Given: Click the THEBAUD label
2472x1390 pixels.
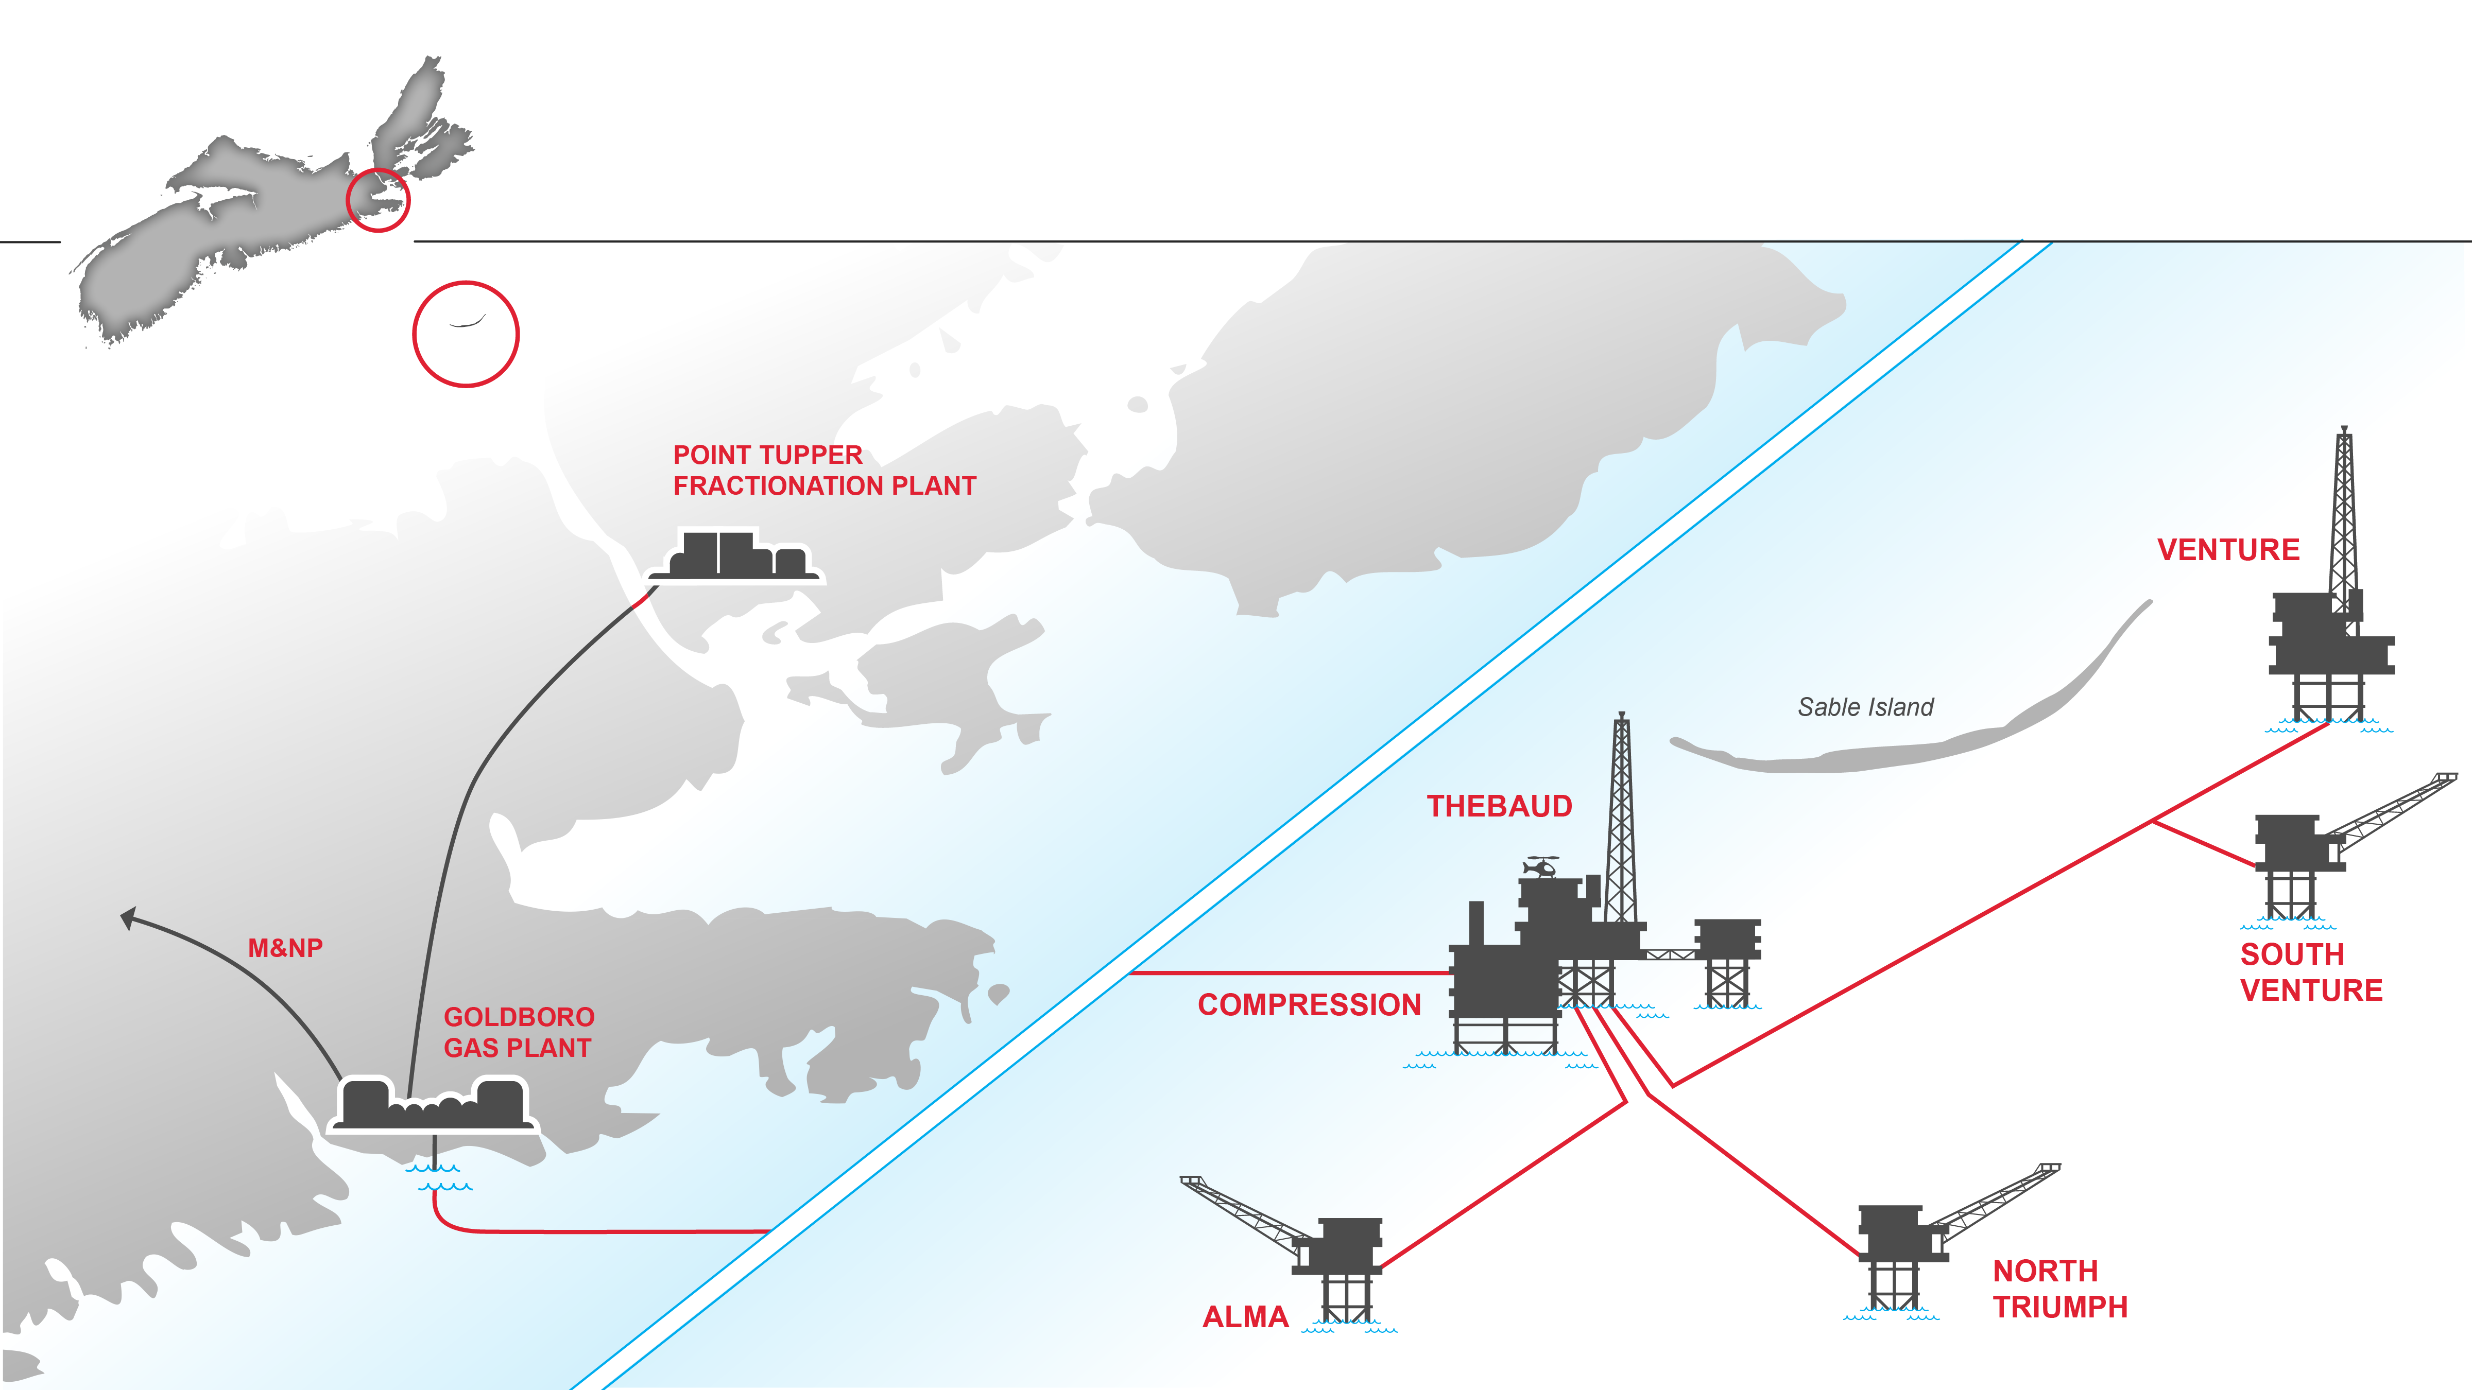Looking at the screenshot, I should pos(1499,806).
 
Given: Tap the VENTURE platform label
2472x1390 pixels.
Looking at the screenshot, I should pos(2228,550).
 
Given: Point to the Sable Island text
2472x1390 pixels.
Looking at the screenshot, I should pos(1864,707).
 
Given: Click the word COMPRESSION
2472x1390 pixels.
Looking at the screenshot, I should pos(1309,1004).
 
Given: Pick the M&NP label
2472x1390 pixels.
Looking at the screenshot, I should pos(285,948).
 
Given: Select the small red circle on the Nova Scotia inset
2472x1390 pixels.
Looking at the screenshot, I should pos(378,200).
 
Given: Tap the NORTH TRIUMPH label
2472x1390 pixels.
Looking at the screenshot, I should pos(2059,1288).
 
